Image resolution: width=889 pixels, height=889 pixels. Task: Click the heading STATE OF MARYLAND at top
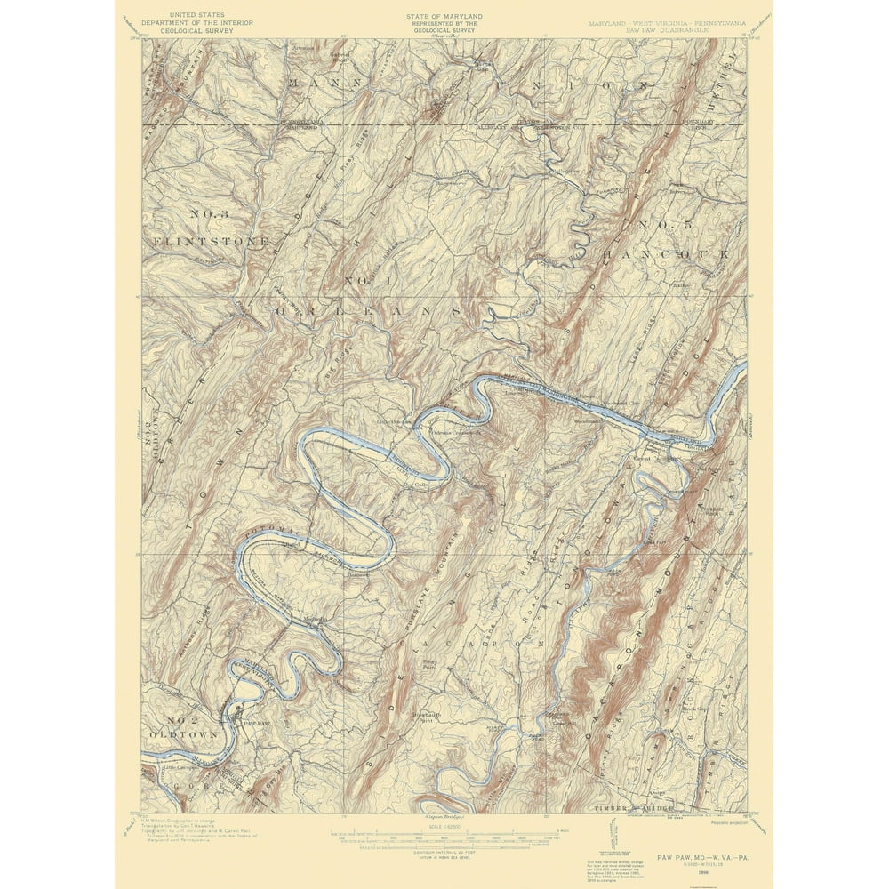point(444,16)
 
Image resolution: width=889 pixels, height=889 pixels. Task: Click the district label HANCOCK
point(667,253)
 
